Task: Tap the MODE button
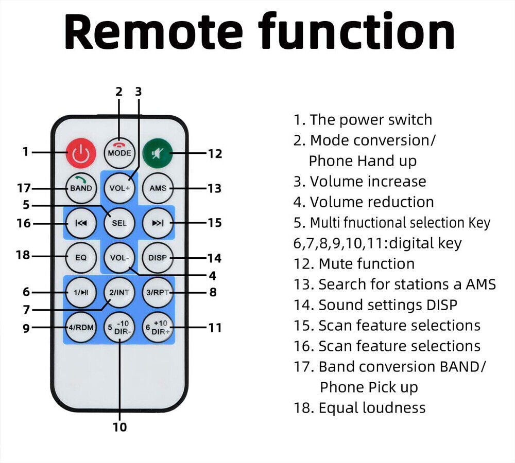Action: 119,153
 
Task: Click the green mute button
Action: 158,153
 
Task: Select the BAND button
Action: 81,188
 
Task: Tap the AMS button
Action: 158,188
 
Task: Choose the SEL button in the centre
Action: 119,223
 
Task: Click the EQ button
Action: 81,258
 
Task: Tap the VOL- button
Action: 119,258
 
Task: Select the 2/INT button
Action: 119,292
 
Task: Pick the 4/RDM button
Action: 81,327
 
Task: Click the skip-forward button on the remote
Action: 158,223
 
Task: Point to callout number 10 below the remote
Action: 119,427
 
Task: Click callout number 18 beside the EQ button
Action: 23,255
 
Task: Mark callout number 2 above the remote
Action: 119,92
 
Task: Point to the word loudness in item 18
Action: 394,407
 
